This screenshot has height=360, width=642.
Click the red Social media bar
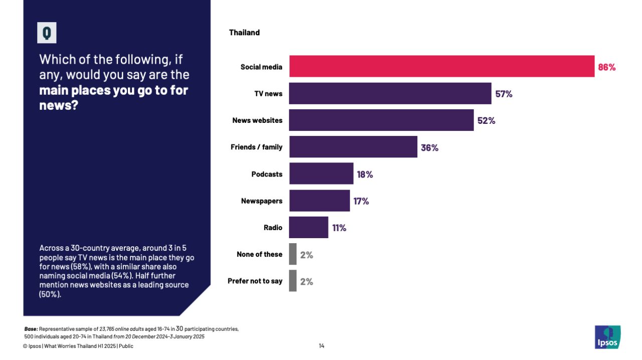[441, 66]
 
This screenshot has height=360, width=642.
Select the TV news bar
[390, 94]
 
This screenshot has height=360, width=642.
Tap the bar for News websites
[381, 120]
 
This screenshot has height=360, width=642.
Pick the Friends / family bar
[353, 147]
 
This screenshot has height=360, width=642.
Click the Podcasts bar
[321, 173]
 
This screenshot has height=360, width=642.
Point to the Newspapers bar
[319, 201]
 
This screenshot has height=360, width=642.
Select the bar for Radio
[308, 227]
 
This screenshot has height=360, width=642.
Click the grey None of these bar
[293, 254]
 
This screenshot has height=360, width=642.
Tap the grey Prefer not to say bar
[293, 281]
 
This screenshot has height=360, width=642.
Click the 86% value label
[606, 67]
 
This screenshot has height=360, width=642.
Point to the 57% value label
[504, 94]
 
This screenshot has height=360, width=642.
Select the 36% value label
[429, 147]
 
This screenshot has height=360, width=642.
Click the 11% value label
[339, 228]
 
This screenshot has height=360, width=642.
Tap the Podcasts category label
[267, 174]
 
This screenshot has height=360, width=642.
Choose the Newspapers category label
[261, 201]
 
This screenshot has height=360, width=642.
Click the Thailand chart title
[244, 33]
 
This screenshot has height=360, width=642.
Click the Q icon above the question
[47, 33]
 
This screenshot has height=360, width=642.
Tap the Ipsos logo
[607, 337]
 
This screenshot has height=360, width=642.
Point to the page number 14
[322, 346]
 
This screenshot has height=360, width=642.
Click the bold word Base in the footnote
[31, 329]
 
